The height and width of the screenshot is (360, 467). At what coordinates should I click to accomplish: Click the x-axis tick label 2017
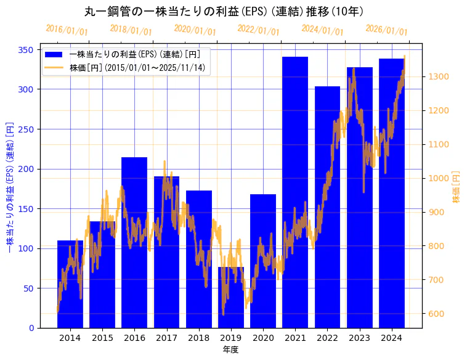click(x=166, y=338)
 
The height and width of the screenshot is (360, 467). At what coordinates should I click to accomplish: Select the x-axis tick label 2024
click(x=391, y=338)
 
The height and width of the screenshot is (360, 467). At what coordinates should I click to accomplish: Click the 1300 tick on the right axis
click(x=438, y=77)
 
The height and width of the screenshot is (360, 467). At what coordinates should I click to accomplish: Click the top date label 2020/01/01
click(x=195, y=30)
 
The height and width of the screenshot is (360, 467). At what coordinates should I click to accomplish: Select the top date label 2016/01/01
click(x=67, y=30)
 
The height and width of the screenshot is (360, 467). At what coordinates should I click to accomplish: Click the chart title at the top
click(x=224, y=11)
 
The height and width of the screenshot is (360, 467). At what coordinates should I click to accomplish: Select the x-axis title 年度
click(x=230, y=350)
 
